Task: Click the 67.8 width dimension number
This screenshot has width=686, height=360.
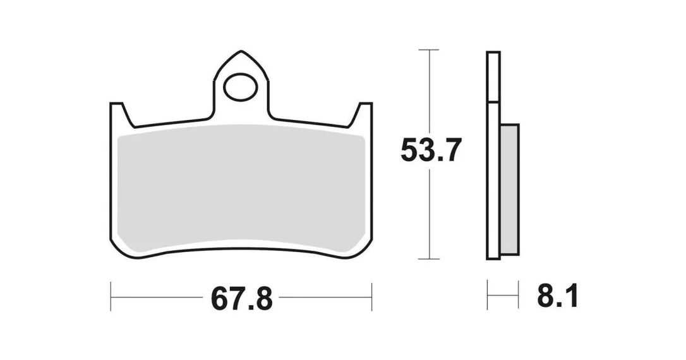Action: click(241, 299)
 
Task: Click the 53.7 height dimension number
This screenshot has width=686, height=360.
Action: click(431, 150)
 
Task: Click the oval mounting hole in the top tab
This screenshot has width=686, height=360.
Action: click(240, 87)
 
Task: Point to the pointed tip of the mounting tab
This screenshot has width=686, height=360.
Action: click(241, 52)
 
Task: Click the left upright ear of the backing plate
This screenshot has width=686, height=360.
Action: click(118, 114)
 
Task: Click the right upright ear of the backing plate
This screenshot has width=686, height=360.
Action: click(363, 114)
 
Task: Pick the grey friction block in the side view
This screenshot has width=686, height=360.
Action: click(509, 189)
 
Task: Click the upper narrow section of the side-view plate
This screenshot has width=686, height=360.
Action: click(493, 77)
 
